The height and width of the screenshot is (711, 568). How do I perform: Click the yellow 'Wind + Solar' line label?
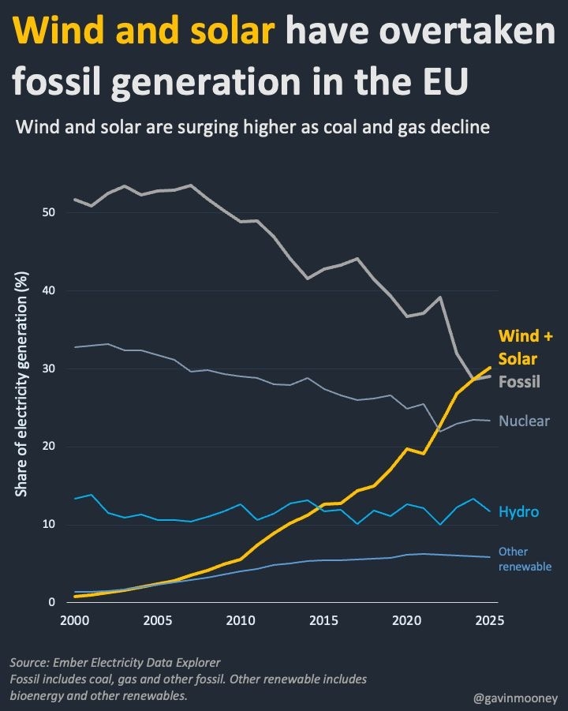coord(525,347)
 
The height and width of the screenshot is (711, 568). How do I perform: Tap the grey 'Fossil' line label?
coord(519,381)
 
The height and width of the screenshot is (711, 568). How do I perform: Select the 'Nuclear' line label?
coord(524,421)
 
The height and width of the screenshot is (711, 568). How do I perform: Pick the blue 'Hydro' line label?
coord(518,512)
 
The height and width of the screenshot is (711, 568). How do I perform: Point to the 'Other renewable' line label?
coord(525,559)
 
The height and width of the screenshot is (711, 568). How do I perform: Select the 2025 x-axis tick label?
coord(490,620)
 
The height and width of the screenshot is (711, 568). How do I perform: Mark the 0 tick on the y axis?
coord(51,603)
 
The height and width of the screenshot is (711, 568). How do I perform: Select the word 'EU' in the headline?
coord(442,81)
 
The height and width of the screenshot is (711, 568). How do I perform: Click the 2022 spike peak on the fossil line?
coord(440,297)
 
